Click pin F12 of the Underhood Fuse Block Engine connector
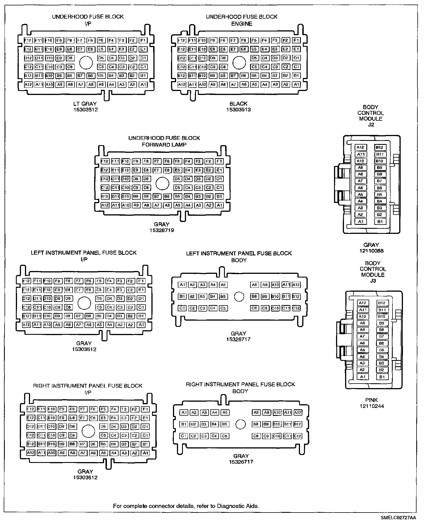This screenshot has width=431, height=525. point(181,40)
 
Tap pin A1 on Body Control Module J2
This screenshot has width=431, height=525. point(360,221)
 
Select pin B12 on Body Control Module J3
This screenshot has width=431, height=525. point(381,303)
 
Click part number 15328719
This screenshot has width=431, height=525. point(162,230)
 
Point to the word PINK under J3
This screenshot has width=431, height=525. point(371,400)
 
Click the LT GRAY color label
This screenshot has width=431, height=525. point(85,104)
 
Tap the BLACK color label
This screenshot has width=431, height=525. point(238,104)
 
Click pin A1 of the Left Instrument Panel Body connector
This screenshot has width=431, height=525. point(182,285)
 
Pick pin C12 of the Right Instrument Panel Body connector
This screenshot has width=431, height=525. point(297,436)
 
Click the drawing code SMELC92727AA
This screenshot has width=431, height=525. point(398,518)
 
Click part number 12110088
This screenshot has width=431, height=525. point(371,251)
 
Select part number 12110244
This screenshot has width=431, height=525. point(371,406)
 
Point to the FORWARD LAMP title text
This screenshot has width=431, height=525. point(164,145)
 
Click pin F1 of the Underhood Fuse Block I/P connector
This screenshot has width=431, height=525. point(143,40)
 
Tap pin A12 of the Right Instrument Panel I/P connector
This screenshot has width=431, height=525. point(30,453)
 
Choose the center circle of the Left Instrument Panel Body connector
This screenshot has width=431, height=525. point(239,297)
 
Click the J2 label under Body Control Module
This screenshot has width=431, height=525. point(371,124)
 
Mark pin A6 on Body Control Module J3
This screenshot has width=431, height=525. point(362,343)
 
